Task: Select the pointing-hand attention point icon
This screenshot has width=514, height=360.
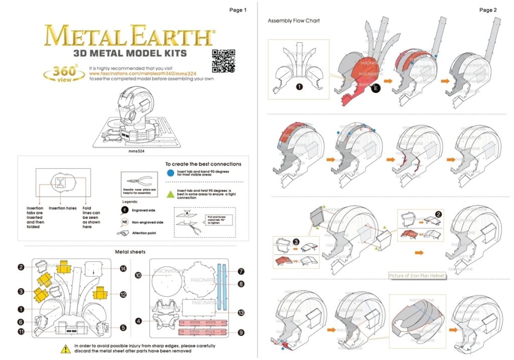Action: tap(124, 233)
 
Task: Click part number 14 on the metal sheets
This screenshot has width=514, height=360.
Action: tap(122, 269)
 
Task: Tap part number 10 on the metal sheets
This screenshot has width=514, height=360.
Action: tap(139, 275)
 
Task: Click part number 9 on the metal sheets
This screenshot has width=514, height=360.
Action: tap(241, 331)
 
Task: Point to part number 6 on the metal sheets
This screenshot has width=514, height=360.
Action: tap(21, 322)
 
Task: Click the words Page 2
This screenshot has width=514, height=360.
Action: tap(488, 10)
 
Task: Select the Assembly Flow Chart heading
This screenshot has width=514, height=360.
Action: tap(294, 21)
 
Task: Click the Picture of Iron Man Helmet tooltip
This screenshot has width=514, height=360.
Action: tap(417, 276)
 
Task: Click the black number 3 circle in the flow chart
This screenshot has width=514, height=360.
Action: tap(297, 242)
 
